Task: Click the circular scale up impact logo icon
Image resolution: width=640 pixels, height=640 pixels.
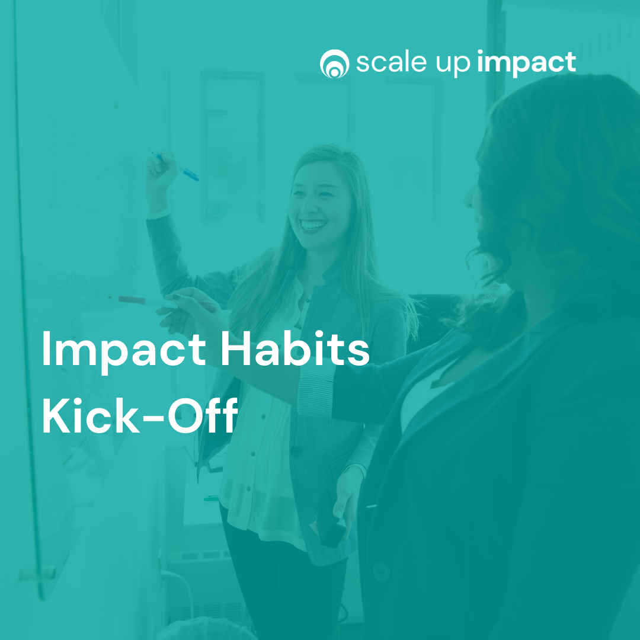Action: tap(334, 63)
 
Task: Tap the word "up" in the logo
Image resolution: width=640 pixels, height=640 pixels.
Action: tap(453, 65)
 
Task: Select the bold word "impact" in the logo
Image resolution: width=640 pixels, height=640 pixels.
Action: tap(527, 63)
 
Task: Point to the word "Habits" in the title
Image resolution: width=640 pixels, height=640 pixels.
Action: tap(295, 348)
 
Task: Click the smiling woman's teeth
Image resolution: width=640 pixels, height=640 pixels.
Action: tap(313, 225)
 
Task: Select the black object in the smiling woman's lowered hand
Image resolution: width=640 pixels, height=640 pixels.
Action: tap(331, 527)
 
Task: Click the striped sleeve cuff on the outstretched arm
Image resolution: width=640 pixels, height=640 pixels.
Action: tap(316, 391)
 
